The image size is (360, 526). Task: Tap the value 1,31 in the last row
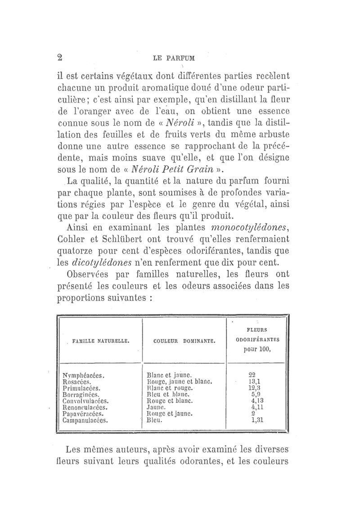tap(256, 421)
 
